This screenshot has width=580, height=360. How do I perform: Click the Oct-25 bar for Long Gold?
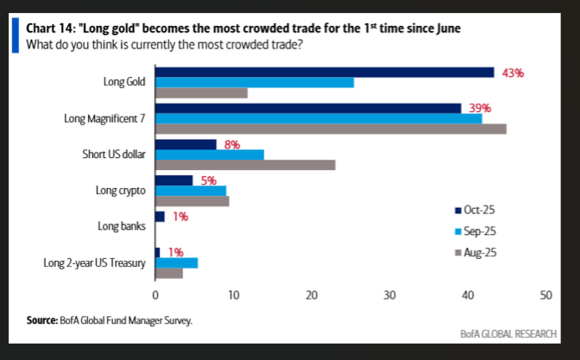point(325,73)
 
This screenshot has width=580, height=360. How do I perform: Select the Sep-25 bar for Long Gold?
point(255,83)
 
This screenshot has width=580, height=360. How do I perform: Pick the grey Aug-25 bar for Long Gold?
point(201,93)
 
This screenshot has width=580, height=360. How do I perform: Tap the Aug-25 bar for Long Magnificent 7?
point(331,129)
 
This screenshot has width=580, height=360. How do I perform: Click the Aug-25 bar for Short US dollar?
point(245,164)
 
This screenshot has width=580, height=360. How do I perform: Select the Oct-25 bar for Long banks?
point(160,217)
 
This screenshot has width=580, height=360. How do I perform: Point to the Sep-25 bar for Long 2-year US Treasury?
point(176,262)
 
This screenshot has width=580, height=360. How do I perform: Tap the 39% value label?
point(480,109)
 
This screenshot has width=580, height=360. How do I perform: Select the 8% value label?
point(231,145)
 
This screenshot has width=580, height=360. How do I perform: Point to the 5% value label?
point(207,180)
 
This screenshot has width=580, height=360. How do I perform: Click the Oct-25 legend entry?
point(476,211)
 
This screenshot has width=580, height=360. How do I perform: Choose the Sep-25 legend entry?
point(476,231)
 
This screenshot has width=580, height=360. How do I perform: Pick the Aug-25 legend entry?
point(476,252)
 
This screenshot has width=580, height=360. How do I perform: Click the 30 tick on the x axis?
point(389,295)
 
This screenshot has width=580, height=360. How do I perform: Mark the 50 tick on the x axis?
point(545,295)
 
